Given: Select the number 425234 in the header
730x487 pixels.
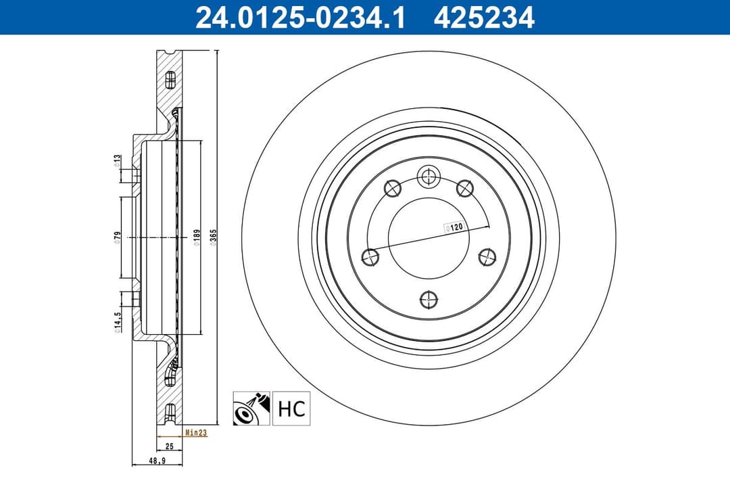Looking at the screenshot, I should coord(484,18).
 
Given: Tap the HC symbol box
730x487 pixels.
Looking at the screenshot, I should coord(291,409).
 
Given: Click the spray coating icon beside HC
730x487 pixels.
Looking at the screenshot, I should coord(251,409).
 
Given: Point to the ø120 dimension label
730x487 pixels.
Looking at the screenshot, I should coord(452,228).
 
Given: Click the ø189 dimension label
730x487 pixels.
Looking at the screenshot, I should coord(196,239).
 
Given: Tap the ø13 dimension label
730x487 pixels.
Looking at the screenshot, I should coord(117,161).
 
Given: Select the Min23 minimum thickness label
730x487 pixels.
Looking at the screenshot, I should coord(195,433).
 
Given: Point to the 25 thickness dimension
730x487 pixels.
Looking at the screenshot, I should coord(169,446).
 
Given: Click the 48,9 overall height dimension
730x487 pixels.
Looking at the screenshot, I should coord(157,461).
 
